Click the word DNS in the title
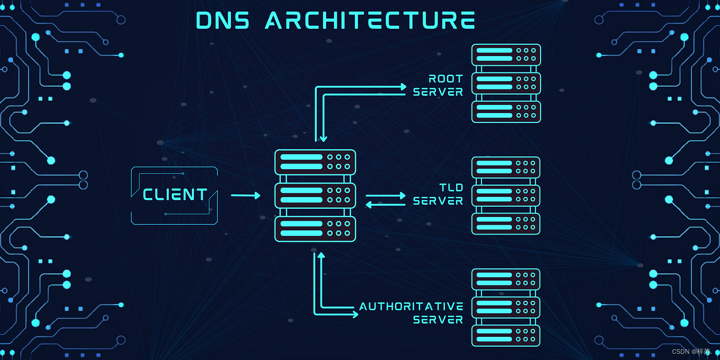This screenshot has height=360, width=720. click(x=222, y=21)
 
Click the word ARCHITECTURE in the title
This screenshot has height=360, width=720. click(x=370, y=21)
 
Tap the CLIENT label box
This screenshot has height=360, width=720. click(x=175, y=195)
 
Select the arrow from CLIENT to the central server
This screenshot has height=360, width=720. click(x=246, y=195)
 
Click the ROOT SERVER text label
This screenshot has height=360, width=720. click(x=438, y=85)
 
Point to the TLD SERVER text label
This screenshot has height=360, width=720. click(x=438, y=194)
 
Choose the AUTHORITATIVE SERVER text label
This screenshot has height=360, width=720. click(x=411, y=313)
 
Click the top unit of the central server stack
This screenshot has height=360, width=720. click(x=315, y=161)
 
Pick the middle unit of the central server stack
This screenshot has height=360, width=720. click(x=315, y=195)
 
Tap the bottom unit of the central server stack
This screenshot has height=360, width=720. click(x=315, y=228)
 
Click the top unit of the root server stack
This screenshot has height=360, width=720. click(x=506, y=55)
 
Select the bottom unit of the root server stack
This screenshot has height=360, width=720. click(x=506, y=112)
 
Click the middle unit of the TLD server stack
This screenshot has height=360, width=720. click(x=506, y=195)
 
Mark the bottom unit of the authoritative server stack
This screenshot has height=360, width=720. click(x=506, y=335)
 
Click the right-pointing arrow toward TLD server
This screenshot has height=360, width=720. click(x=386, y=196)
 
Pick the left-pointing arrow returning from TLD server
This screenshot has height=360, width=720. click(x=386, y=205)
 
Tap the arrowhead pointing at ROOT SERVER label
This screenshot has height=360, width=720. click(x=404, y=87)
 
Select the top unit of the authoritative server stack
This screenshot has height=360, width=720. click(x=506, y=279)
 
